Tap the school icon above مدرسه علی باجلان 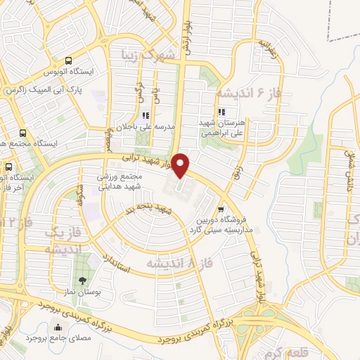click(146, 116)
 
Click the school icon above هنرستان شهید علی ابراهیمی click(221, 112)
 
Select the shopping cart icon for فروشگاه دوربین click(221, 209)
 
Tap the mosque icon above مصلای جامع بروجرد click(58, 328)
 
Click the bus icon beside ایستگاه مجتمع click(23, 133)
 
